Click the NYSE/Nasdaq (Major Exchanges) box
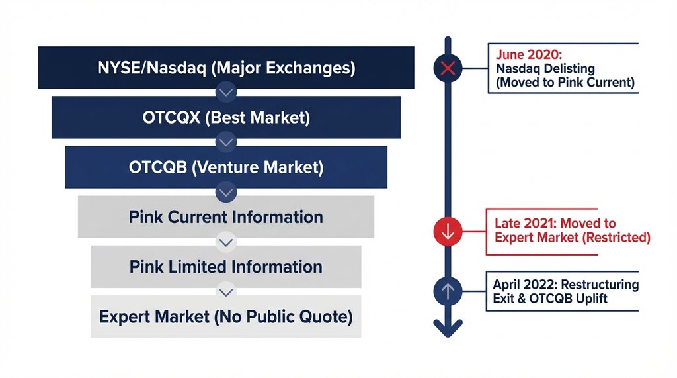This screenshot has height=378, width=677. (x=226, y=68)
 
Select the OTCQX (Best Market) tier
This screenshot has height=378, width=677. (x=226, y=118)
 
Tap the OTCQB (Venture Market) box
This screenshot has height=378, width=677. (x=226, y=167)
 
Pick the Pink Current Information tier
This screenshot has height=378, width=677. (x=226, y=217)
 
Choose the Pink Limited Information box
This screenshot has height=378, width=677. (x=226, y=267)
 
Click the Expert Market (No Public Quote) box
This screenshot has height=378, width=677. (x=226, y=316)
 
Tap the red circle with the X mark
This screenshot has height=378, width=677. (x=448, y=68)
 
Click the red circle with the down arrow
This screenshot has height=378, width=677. (x=448, y=232)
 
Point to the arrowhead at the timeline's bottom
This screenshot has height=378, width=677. (x=448, y=326)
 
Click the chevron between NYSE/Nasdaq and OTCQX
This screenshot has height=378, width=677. (x=226, y=91)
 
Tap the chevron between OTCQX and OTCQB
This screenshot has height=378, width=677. (x=226, y=141)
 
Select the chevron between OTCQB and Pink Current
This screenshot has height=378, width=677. (x=226, y=191)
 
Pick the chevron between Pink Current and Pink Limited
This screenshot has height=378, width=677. (x=226, y=242)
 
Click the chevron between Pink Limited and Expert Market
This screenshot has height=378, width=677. (x=226, y=291)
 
